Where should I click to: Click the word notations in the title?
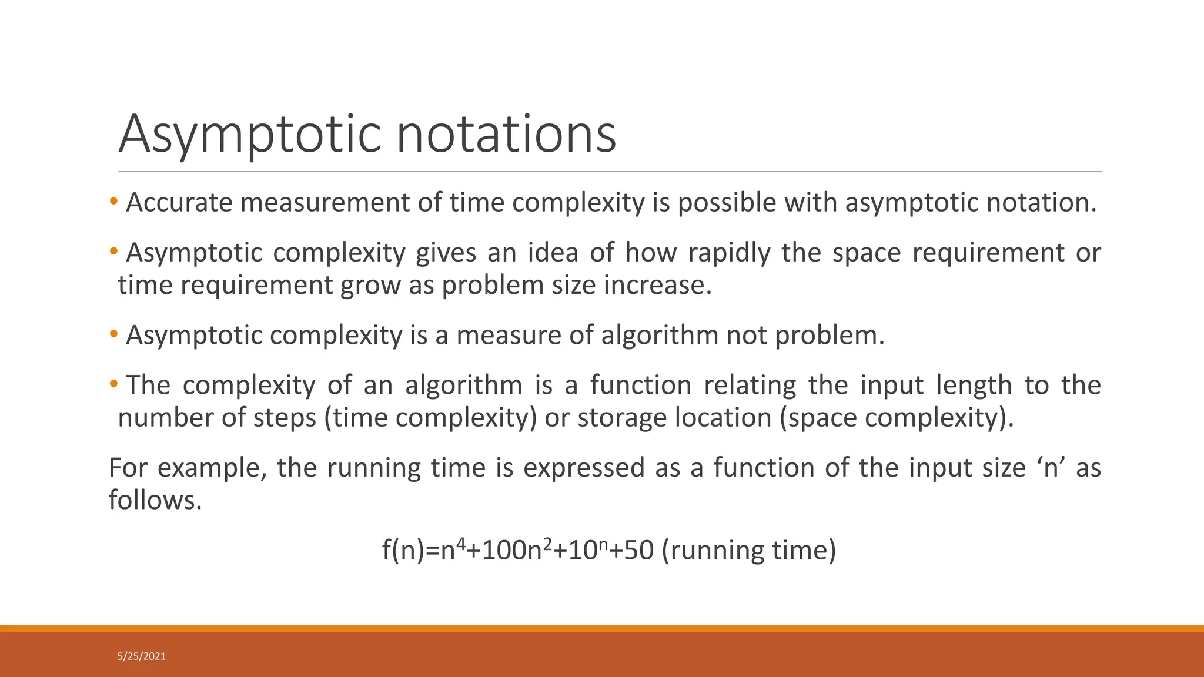pyautogui.click(x=506, y=134)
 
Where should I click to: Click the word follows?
pyautogui.click(x=155, y=501)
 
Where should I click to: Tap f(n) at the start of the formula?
pyautogui.click(x=403, y=551)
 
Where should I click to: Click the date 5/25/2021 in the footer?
pyautogui.click(x=142, y=656)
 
